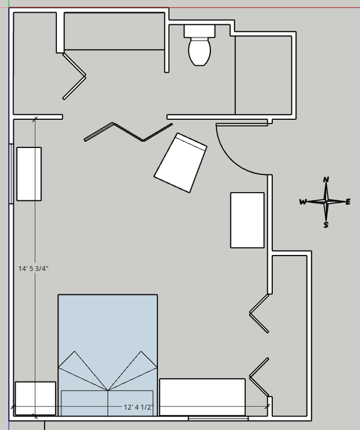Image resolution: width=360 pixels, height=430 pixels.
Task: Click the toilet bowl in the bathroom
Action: coord(200,52)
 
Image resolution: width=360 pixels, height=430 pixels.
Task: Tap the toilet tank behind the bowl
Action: coord(200,31)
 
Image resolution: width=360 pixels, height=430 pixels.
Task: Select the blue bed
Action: coord(107,355)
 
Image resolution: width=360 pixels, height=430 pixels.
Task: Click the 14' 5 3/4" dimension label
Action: coord(33,268)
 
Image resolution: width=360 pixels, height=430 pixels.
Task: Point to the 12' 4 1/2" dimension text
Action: coord(138,407)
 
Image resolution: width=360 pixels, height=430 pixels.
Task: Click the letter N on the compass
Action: coord(326,180)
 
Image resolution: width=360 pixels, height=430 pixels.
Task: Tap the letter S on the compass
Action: coord(326,225)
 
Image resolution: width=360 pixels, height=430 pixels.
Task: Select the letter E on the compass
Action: coord(348,202)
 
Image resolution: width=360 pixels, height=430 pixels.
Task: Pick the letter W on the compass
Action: coord(303,202)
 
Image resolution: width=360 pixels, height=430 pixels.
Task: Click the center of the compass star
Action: coord(326,202)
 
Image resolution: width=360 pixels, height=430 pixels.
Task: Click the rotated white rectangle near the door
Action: coord(180,163)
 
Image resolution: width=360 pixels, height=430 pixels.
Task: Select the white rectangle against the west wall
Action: coord(29,174)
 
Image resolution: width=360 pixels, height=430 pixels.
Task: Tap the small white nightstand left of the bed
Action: coord(35,398)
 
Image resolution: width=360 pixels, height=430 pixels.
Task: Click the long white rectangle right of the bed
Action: coord(202,397)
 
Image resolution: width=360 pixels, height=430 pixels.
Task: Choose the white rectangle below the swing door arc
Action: coord(247,220)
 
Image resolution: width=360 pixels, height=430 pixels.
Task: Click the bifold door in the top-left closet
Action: coord(74,76)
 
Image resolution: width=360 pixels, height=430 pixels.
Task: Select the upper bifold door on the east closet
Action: coord(259,313)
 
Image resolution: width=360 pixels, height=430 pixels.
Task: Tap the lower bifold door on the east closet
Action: coord(259,377)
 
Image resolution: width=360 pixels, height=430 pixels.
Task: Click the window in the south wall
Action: coord(218,418)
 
